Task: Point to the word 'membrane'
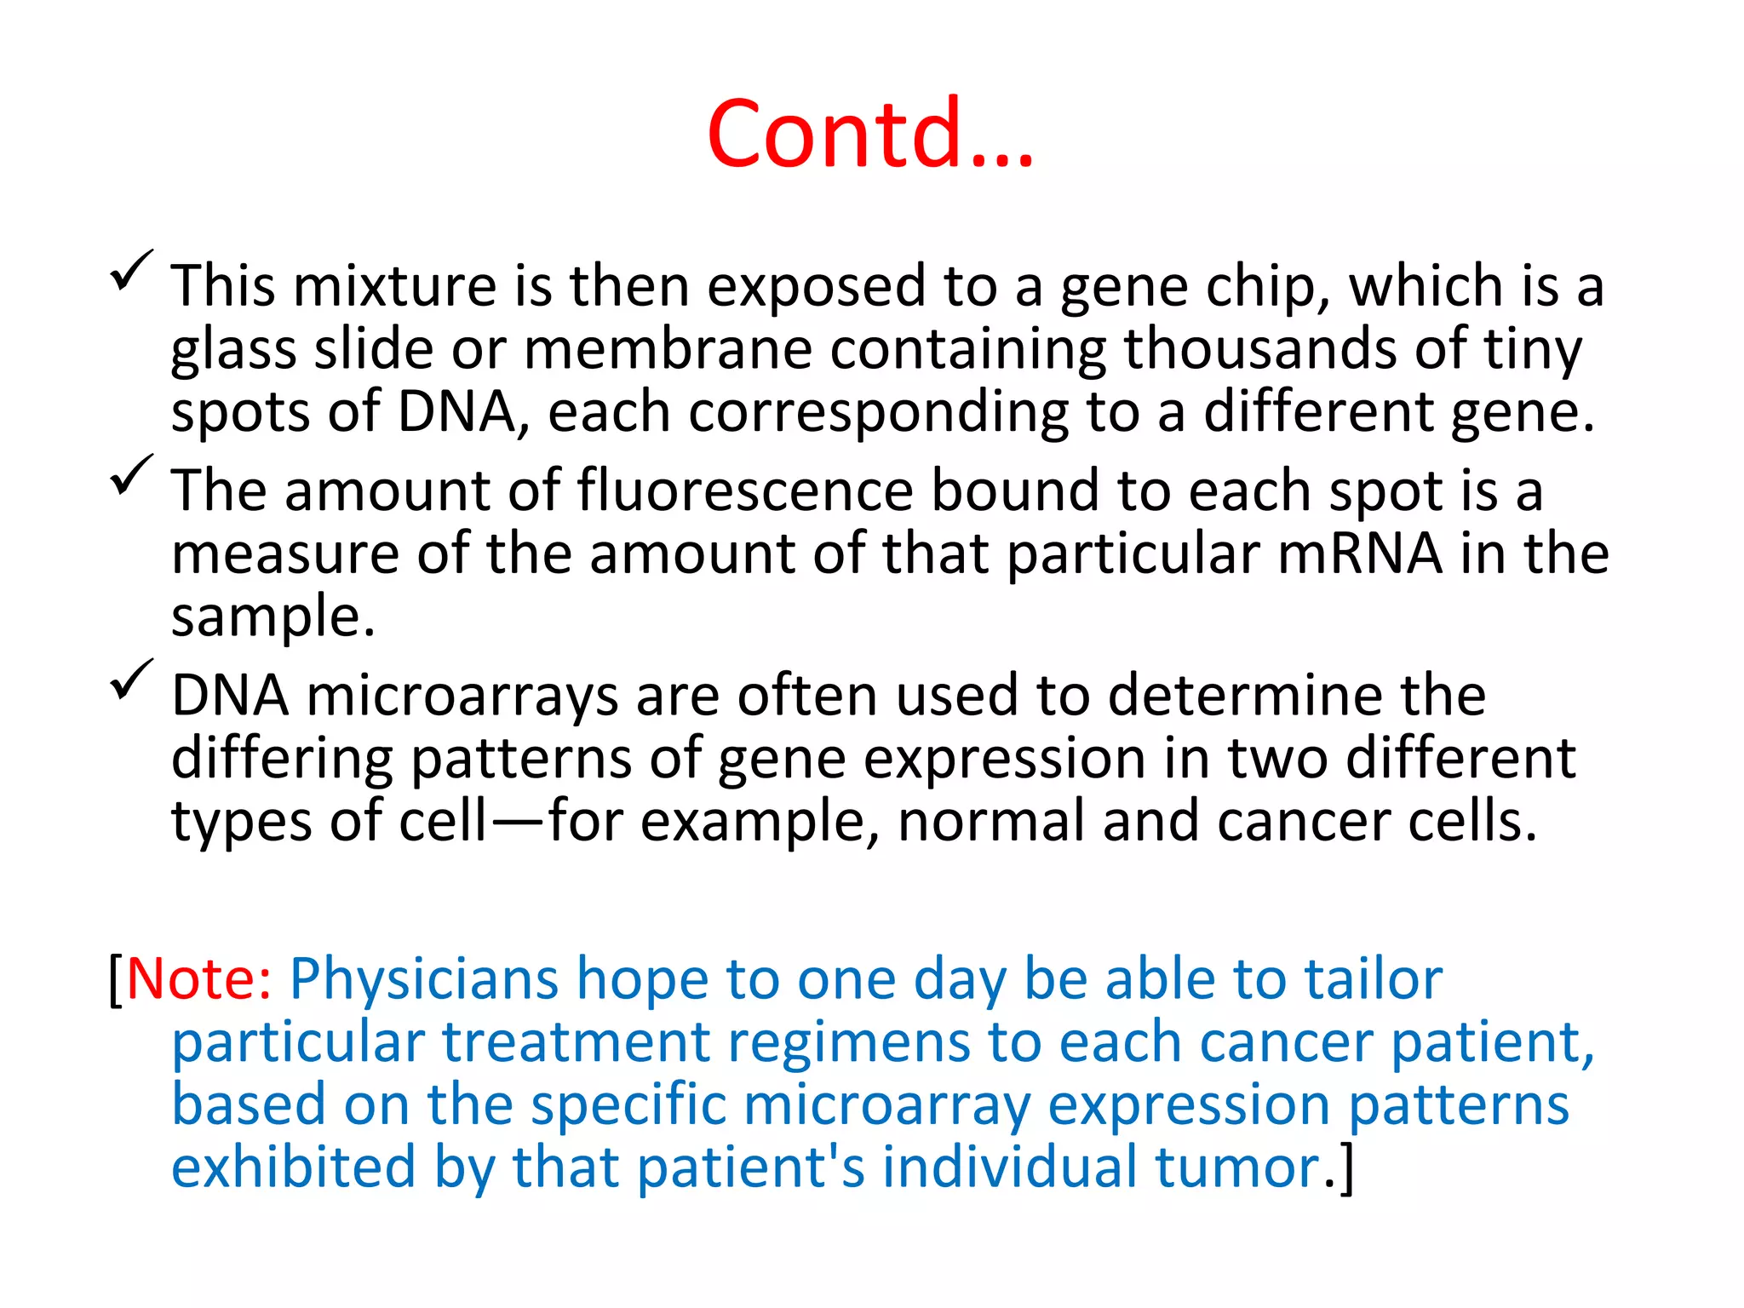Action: [668, 350]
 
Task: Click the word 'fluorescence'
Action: [745, 491]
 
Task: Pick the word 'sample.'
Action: [272, 617]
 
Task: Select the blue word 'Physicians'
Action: [424, 979]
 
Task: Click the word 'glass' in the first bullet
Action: [232, 350]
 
